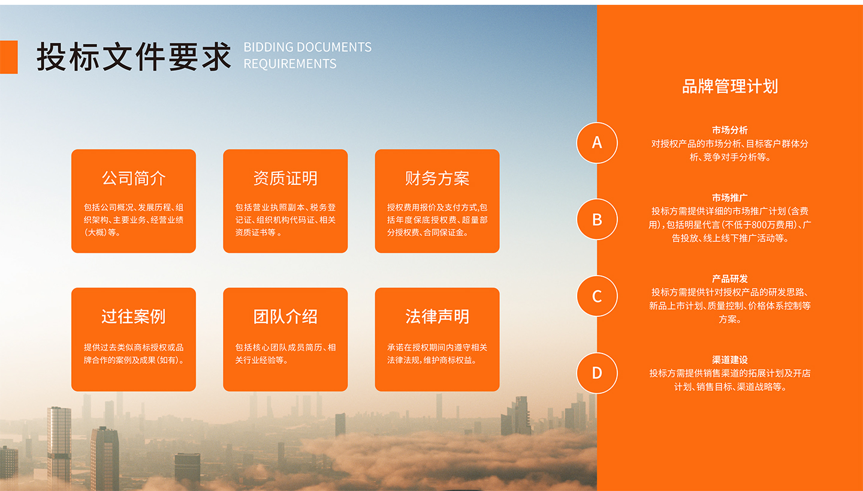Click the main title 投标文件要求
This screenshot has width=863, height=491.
[x=134, y=57]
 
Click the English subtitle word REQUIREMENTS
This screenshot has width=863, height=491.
[x=290, y=64]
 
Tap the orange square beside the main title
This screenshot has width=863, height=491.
[x=8, y=57]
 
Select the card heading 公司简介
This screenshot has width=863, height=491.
[x=134, y=178]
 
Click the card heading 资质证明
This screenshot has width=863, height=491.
[x=285, y=178]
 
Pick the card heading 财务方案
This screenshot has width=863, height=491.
[x=437, y=178]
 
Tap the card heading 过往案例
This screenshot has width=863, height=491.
[x=134, y=316]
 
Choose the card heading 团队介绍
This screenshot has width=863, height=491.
[x=285, y=316]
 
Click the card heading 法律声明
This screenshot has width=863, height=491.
[x=437, y=316]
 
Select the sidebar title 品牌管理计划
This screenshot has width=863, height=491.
[x=730, y=86]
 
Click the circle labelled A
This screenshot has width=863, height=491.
[x=597, y=143]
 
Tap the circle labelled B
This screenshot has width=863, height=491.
[x=597, y=219]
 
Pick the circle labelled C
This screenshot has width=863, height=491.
[x=597, y=296]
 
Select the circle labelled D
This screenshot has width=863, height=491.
[x=597, y=373]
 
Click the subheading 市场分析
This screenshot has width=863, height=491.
[x=730, y=130]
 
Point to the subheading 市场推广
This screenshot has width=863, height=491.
[x=730, y=197]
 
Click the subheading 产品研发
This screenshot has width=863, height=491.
[x=730, y=279]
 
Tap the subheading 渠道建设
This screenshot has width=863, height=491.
[x=730, y=360]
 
